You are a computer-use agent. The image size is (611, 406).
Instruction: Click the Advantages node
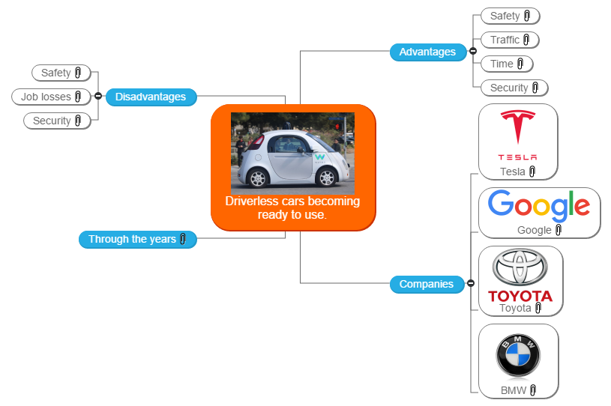click(427, 52)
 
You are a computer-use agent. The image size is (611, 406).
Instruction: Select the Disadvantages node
click(151, 97)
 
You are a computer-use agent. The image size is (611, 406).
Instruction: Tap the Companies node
click(426, 284)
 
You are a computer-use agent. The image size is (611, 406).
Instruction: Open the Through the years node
click(132, 240)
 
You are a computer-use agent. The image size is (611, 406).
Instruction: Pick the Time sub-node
click(502, 64)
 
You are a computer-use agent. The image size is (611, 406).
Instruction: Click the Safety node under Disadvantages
click(55, 73)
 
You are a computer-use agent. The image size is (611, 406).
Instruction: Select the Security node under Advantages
click(509, 88)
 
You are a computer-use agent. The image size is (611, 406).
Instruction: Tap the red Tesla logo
click(518, 130)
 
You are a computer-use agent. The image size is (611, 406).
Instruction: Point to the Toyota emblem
click(520, 267)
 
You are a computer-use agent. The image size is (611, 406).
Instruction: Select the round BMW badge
click(518, 356)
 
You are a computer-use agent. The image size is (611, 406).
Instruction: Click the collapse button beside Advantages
click(472, 52)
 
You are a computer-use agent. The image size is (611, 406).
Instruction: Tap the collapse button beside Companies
click(471, 283)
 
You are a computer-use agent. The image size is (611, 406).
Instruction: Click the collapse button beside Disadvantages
click(98, 96)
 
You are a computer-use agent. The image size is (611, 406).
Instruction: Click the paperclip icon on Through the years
click(183, 240)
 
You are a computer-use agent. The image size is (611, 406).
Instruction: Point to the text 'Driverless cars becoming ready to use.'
click(292, 207)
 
